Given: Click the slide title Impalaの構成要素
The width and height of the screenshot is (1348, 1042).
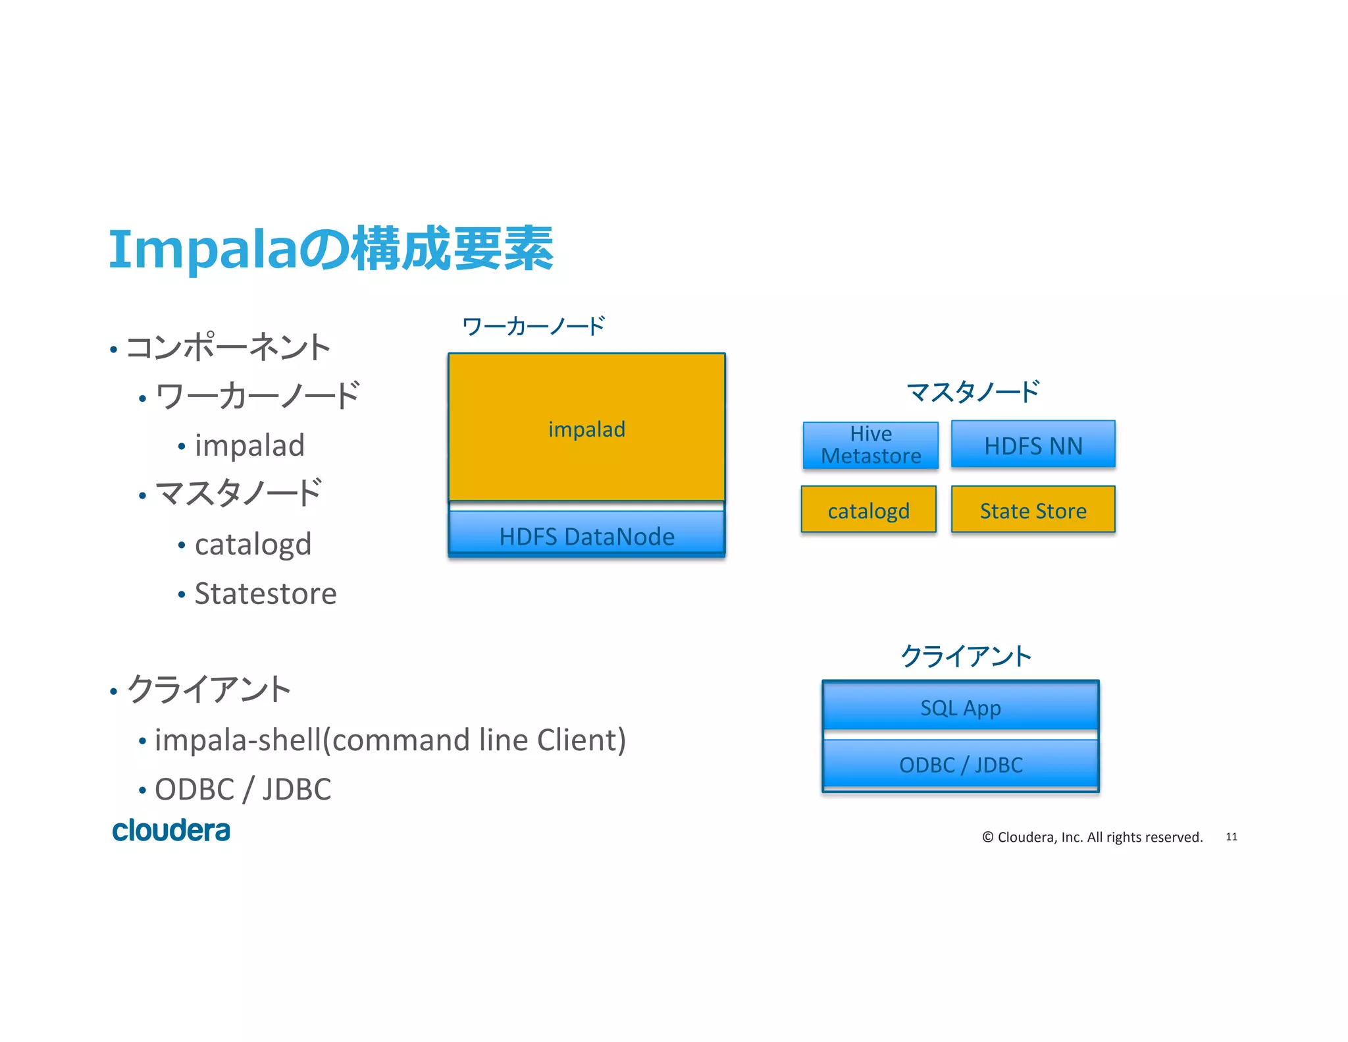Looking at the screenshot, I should click(x=330, y=249).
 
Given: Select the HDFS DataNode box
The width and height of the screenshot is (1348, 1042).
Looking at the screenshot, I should click(x=586, y=535).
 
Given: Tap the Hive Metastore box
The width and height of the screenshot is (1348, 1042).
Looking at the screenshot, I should click(x=870, y=445).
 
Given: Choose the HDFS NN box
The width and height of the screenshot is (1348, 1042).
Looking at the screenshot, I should click(x=1033, y=445).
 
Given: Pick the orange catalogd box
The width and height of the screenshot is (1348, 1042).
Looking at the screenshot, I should click(x=868, y=510).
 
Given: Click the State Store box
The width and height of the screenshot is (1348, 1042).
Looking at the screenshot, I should click(x=1033, y=510).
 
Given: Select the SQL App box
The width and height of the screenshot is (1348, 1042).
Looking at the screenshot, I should click(x=960, y=707).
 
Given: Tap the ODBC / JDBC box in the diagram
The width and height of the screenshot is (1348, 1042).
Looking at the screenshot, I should click(x=960, y=764).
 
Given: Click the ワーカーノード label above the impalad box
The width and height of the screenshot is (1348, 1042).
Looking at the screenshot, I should click(x=533, y=326).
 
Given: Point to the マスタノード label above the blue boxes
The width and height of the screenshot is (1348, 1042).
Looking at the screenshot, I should click(x=972, y=392).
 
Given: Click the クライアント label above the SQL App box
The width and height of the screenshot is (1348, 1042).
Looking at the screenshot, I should click(x=966, y=656).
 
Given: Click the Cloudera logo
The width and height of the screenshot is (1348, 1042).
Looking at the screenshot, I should click(x=171, y=831).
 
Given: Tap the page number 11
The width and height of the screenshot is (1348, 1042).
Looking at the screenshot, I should click(x=1231, y=836).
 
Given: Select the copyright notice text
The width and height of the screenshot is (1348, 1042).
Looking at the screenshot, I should click(x=1092, y=836).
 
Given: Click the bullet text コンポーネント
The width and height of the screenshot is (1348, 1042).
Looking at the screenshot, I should click(x=228, y=347).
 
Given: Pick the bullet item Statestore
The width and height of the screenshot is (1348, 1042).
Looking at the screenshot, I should click(x=265, y=593).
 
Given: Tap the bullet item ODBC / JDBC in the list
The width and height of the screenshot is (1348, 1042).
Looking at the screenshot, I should click(x=242, y=789).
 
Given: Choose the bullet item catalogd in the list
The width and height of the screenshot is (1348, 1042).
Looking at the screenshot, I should click(x=253, y=544).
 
